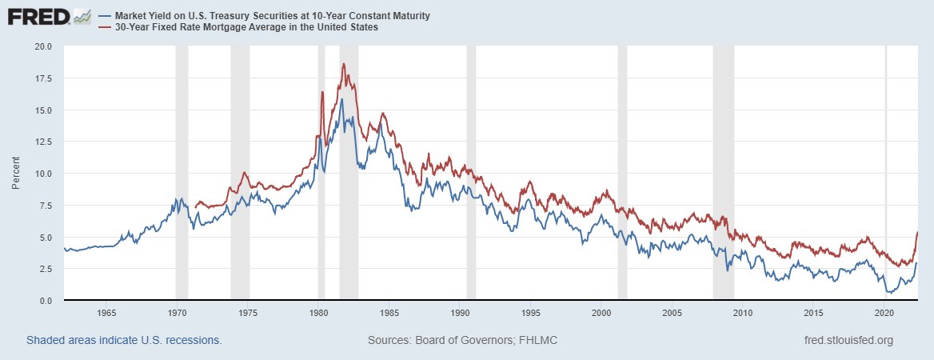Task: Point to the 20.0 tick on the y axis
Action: (x=41, y=46)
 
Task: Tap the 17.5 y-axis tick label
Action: (x=41, y=78)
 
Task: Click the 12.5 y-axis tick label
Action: (x=41, y=142)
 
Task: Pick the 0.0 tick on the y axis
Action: (x=44, y=301)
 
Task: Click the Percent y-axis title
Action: (x=16, y=174)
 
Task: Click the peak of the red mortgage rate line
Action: (x=343, y=64)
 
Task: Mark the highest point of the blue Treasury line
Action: (x=341, y=99)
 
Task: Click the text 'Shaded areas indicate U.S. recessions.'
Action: (x=124, y=340)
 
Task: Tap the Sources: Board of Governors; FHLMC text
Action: (x=462, y=340)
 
